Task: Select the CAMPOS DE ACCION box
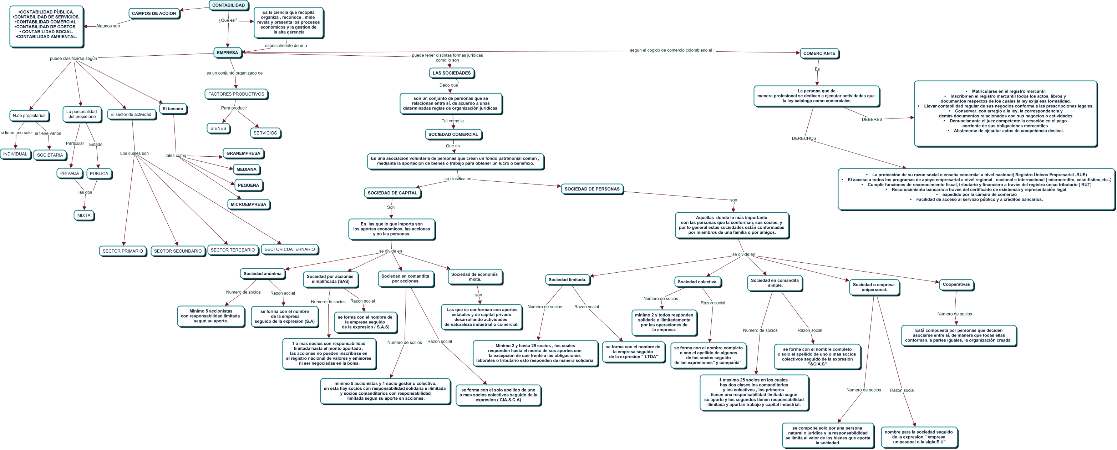(154, 14)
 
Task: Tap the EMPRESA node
(227, 53)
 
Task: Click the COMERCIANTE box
(819, 54)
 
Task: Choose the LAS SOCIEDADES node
(451, 73)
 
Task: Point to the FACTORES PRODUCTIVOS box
(236, 94)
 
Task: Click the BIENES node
(218, 128)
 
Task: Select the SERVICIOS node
(265, 133)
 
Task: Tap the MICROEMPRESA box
(248, 204)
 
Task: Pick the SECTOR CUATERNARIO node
(290, 249)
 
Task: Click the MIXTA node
(84, 216)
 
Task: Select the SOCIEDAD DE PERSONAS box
(592, 189)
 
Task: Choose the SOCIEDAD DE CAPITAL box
(392, 193)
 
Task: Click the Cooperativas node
(956, 285)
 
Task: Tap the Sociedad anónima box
(262, 274)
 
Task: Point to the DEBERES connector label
(872, 119)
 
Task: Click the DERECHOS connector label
(803, 138)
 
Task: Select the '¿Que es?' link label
(228, 20)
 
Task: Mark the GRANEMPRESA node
(243, 153)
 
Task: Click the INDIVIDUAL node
(15, 154)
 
